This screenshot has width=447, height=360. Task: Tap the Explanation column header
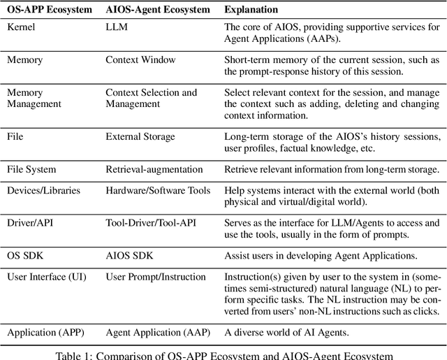pos(251,10)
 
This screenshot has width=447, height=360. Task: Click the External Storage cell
pos(140,138)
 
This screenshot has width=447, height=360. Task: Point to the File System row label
pos(31,169)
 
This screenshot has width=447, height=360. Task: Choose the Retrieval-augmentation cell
pos(154,169)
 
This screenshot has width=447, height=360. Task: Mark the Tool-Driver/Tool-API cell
pos(151,222)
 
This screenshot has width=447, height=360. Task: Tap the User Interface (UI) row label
pos(46,276)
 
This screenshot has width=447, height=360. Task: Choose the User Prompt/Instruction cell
pos(154,276)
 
